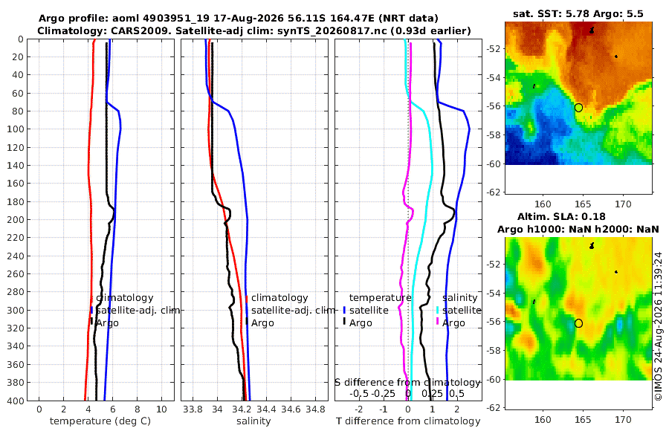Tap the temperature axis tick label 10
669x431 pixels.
[162, 409]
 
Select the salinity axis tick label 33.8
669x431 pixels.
[193, 409]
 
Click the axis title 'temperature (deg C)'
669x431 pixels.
[100, 421]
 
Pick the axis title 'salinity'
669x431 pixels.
[253, 421]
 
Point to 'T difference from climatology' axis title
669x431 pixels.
[408, 421]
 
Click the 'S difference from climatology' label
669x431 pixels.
[407, 383]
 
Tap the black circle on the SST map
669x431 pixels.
[578, 108]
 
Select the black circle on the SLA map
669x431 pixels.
[578, 323]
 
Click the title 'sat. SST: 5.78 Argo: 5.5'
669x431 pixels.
[578, 13]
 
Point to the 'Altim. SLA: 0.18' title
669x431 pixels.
[561, 217]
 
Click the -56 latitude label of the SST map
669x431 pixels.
[494, 106]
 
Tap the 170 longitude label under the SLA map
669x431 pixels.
[623, 420]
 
